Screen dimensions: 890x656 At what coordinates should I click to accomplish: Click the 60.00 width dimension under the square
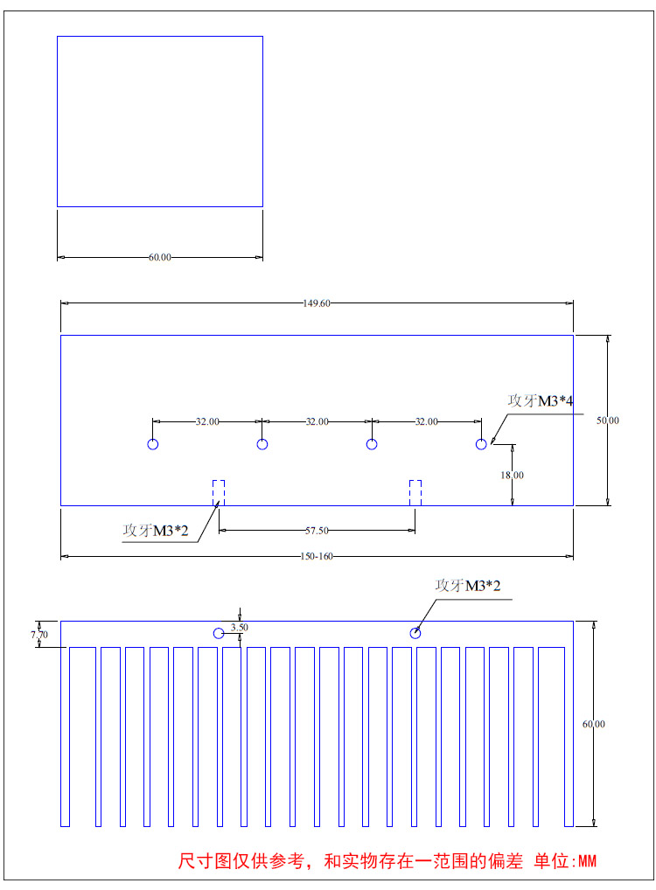point(160,258)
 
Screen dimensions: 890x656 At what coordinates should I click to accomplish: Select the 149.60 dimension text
point(317,303)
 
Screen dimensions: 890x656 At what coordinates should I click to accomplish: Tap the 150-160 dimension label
point(317,556)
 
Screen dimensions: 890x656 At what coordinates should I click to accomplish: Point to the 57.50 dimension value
point(317,531)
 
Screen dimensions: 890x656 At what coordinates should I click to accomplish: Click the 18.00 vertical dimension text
point(513,475)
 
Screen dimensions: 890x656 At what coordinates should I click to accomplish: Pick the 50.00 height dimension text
point(608,421)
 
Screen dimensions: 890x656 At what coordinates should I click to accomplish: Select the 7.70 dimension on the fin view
point(38,634)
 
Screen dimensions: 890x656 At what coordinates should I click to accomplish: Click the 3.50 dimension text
point(240,627)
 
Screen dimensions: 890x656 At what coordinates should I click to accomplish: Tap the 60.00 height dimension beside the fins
point(594,724)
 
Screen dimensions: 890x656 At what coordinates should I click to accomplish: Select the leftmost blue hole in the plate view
point(153,444)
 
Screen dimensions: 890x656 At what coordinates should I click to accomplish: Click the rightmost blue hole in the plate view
point(481,444)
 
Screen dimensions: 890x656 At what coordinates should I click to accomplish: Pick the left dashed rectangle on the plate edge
point(219,492)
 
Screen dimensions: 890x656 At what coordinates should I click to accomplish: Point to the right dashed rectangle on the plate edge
point(415,492)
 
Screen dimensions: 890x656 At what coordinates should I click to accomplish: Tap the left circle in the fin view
point(219,633)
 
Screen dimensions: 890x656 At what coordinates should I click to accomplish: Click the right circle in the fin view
point(415,633)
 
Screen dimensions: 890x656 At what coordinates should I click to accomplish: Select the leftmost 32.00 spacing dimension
point(207,421)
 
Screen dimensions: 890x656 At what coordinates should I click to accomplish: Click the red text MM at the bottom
point(587,861)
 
